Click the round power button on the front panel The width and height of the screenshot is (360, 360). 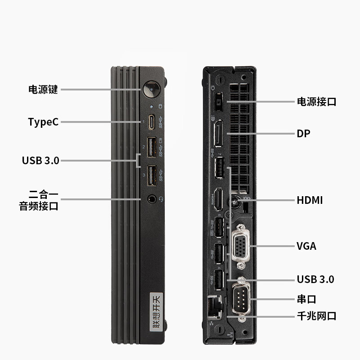151,89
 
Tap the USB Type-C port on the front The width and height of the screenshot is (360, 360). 151,122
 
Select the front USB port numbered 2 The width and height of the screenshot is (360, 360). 152,147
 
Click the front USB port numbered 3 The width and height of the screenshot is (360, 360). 152,175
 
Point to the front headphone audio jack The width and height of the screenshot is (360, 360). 152,199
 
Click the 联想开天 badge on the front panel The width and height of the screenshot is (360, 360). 156,311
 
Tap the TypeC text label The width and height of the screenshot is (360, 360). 43,122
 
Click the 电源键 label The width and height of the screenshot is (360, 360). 43,89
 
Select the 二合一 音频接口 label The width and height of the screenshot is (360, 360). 39,200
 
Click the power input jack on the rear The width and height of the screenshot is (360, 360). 218,102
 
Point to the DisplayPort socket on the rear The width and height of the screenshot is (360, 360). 218,133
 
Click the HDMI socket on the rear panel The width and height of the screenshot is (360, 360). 218,199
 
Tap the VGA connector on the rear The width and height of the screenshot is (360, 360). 240,246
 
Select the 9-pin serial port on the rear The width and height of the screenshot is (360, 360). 241,299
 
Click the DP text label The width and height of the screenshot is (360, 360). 303,134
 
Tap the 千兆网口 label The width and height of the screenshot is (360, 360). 317,316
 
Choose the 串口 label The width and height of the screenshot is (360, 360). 306,299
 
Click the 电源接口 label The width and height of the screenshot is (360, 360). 317,102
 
